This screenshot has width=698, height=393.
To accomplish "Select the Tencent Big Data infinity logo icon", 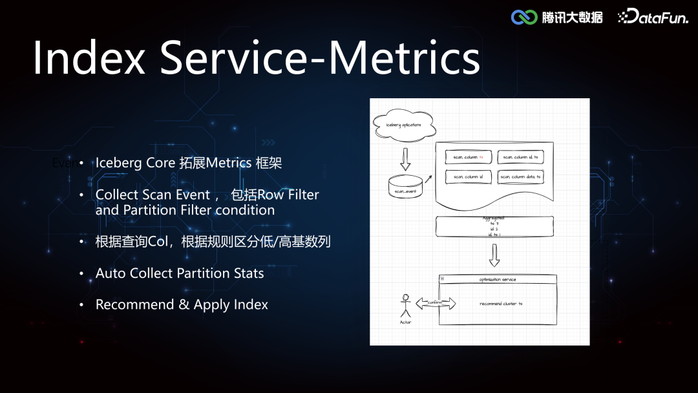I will (524, 17).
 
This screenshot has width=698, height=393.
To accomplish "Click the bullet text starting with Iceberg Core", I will (189, 163).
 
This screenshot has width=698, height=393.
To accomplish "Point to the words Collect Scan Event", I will (153, 195).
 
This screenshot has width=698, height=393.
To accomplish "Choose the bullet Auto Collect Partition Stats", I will (180, 273).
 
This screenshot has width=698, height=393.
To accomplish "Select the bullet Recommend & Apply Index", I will (182, 304).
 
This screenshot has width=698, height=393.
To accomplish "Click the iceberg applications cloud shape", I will (404, 125).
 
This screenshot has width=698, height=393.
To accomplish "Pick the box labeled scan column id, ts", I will (520, 158).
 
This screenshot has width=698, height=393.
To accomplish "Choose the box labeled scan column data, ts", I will (520, 176).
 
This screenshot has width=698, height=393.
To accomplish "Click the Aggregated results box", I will (494, 226).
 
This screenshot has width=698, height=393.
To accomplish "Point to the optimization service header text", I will (498, 279).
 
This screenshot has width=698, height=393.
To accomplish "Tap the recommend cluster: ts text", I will (501, 303).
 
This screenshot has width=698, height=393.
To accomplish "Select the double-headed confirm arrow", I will (436, 303).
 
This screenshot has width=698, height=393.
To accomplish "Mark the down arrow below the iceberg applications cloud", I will (405, 159).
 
